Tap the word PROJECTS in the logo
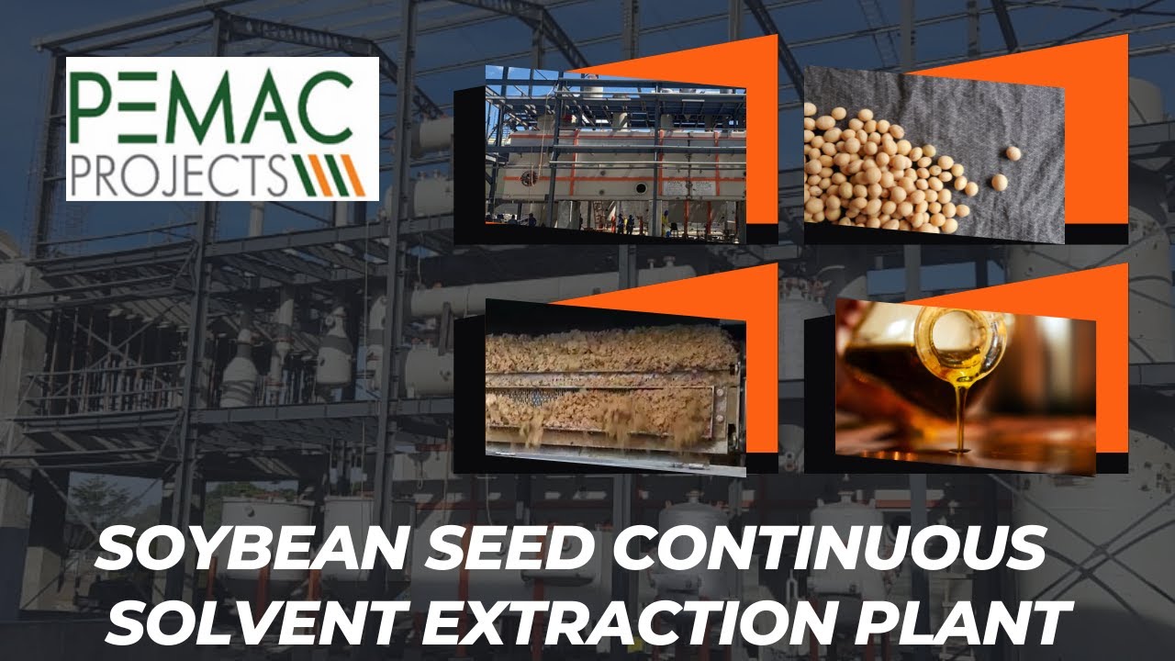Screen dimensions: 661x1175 [189, 172]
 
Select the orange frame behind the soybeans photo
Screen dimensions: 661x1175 [1097, 138]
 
